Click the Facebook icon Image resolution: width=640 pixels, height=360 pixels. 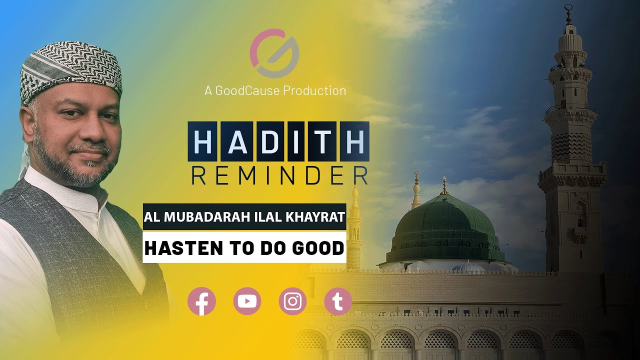pos(201,301)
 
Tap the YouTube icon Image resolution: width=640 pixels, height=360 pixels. pos(247,301)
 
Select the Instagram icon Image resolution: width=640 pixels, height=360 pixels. pos(292,301)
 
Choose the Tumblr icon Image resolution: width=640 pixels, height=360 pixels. pos(338,301)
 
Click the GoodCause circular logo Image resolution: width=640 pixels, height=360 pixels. pos(274,53)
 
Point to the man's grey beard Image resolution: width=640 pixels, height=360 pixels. pos(75,167)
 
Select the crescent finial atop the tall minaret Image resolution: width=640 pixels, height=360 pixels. pos(568,8)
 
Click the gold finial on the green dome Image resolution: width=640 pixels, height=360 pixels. pos(443,185)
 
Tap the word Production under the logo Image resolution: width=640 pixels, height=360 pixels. pos(314,90)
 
